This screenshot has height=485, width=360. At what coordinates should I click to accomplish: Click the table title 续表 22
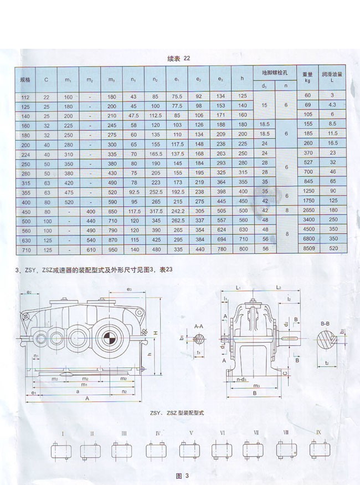pyautogui.click(x=179, y=58)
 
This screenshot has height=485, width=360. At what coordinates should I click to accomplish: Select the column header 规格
pyautogui.click(x=25, y=80)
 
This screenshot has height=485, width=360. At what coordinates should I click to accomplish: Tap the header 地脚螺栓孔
pyautogui.click(x=271, y=73)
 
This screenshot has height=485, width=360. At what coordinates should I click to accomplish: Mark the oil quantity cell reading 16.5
pyautogui.click(x=333, y=142)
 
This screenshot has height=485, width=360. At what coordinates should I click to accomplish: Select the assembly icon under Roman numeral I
pyautogui.click(x=63, y=451)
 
